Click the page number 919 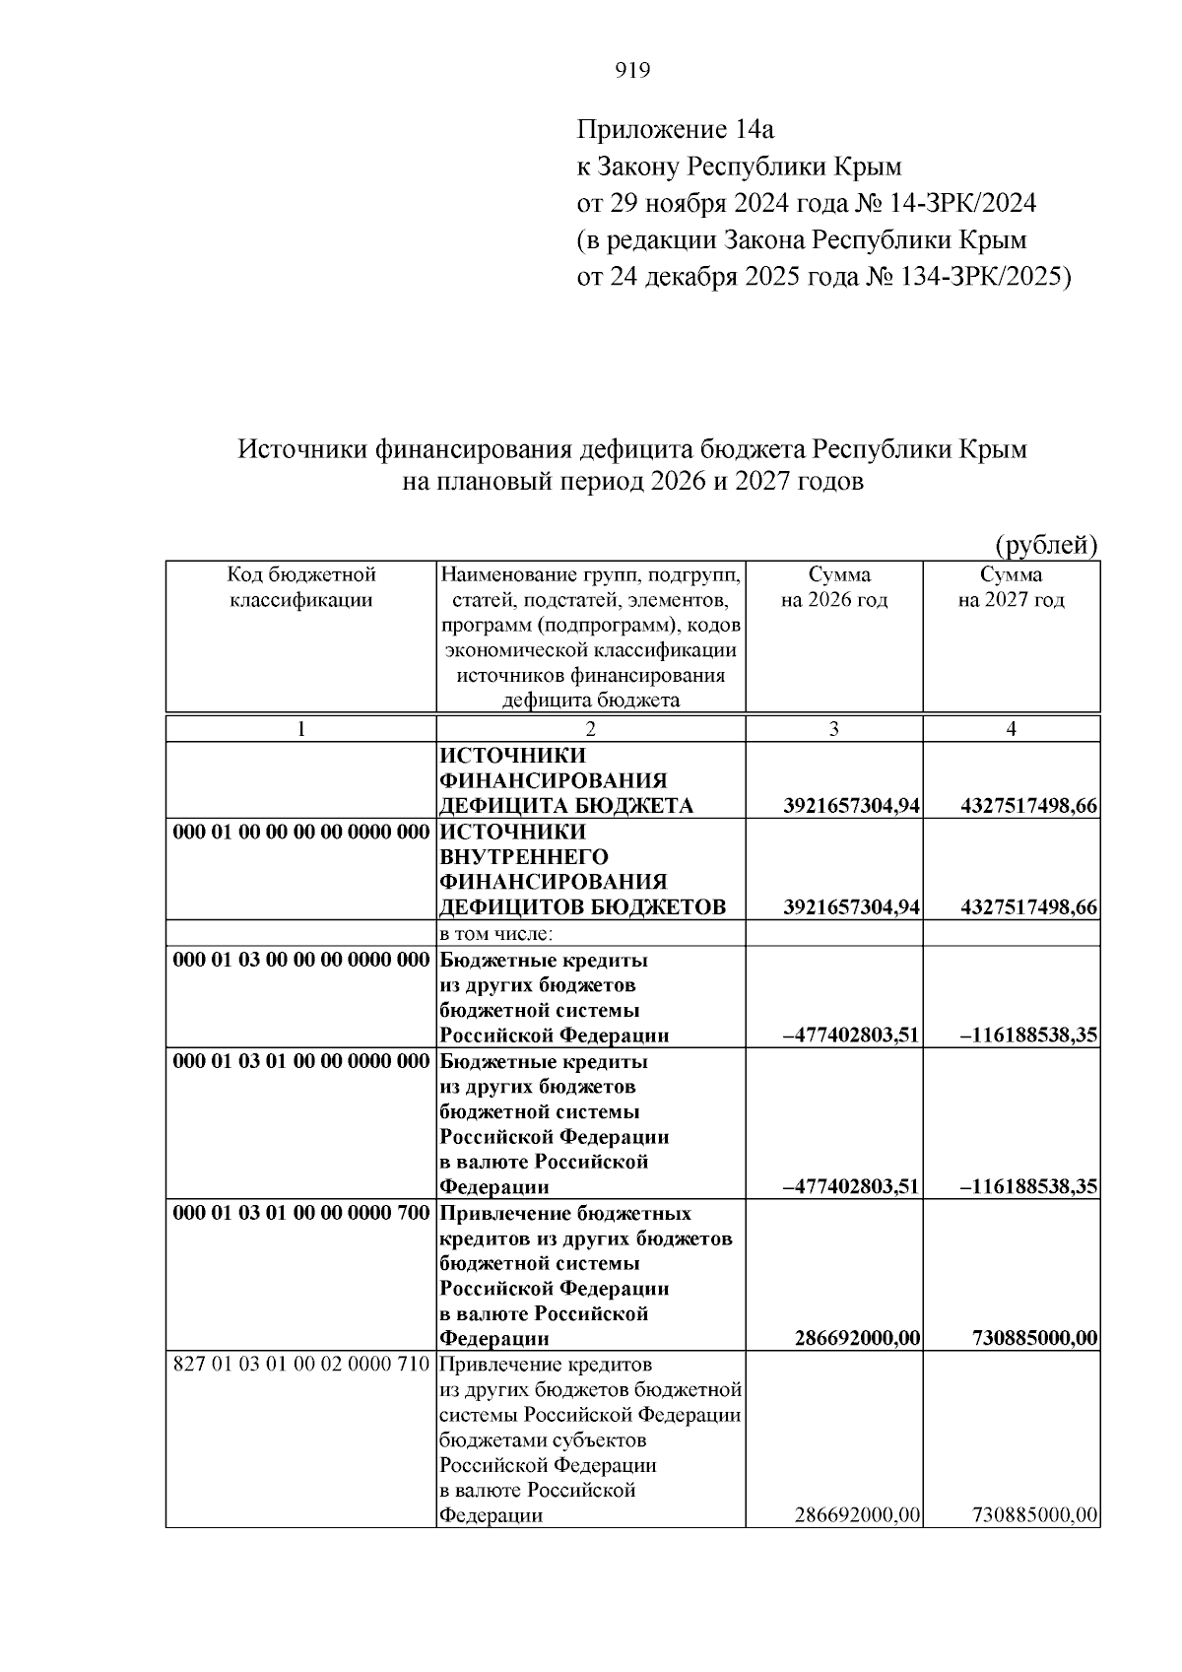632,70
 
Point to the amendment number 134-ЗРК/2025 981,277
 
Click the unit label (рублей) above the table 1046,545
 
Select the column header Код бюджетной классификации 301,587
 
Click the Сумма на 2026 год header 834,587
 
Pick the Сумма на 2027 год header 1012,587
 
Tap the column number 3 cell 834,728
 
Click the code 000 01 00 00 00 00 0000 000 301,832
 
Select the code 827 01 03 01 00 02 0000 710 301,1365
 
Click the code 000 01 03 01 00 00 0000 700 301,1213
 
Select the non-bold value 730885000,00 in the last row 1034,1515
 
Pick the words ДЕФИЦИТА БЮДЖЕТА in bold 566,806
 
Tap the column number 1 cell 301,728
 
